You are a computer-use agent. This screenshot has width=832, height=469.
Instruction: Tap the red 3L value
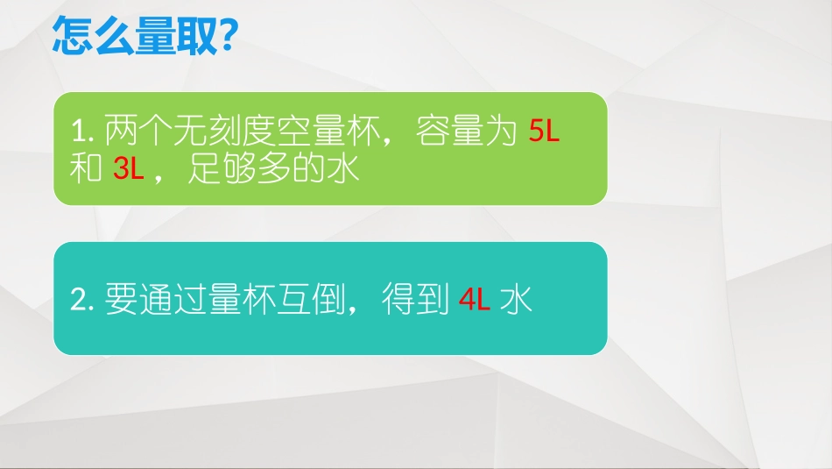click(129, 169)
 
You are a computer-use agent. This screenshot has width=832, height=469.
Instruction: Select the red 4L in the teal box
click(475, 301)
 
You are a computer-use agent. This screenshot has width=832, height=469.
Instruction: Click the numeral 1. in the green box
click(82, 132)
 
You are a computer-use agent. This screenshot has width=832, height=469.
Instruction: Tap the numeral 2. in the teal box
click(82, 301)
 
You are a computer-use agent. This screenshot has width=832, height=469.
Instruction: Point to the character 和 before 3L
click(87, 169)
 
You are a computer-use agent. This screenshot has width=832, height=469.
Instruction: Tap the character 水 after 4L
click(517, 301)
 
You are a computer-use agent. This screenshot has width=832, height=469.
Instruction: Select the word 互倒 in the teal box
click(311, 301)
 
